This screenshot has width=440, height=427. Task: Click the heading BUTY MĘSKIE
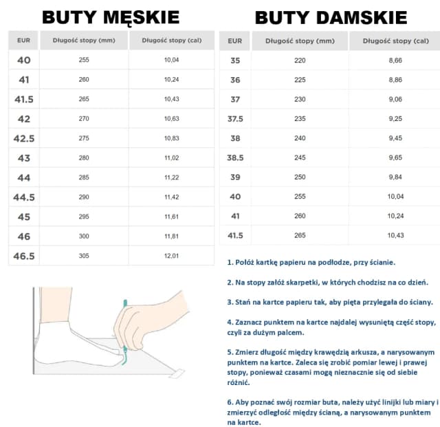(x=111, y=17)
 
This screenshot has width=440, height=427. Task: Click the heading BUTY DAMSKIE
(x=331, y=17)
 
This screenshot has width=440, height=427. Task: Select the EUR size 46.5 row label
(x=24, y=256)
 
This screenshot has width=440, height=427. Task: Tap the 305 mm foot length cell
(x=84, y=256)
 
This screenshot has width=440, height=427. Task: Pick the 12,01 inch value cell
(x=171, y=256)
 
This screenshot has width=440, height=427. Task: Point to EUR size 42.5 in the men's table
(x=24, y=139)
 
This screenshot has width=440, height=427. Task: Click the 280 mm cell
(x=84, y=158)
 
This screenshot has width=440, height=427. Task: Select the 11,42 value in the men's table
(x=171, y=197)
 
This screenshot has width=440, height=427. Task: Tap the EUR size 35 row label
(x=235, y=61)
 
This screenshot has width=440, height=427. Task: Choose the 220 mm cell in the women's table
(x=300, y=61)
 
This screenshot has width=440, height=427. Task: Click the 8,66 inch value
(x=395, y=61)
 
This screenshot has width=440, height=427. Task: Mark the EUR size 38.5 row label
(x=235, y=157)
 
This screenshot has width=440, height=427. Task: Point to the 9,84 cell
(x=395, y=177)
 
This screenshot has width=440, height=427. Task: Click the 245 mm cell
(x=300, y=157)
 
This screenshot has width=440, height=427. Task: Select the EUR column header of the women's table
(x=235, y=41)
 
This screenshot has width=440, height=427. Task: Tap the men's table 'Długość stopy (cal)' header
(x=171, y=40)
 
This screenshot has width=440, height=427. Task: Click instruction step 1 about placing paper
(x=311, y=263)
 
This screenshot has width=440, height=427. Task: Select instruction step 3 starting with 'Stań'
(x=329, y=302)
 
